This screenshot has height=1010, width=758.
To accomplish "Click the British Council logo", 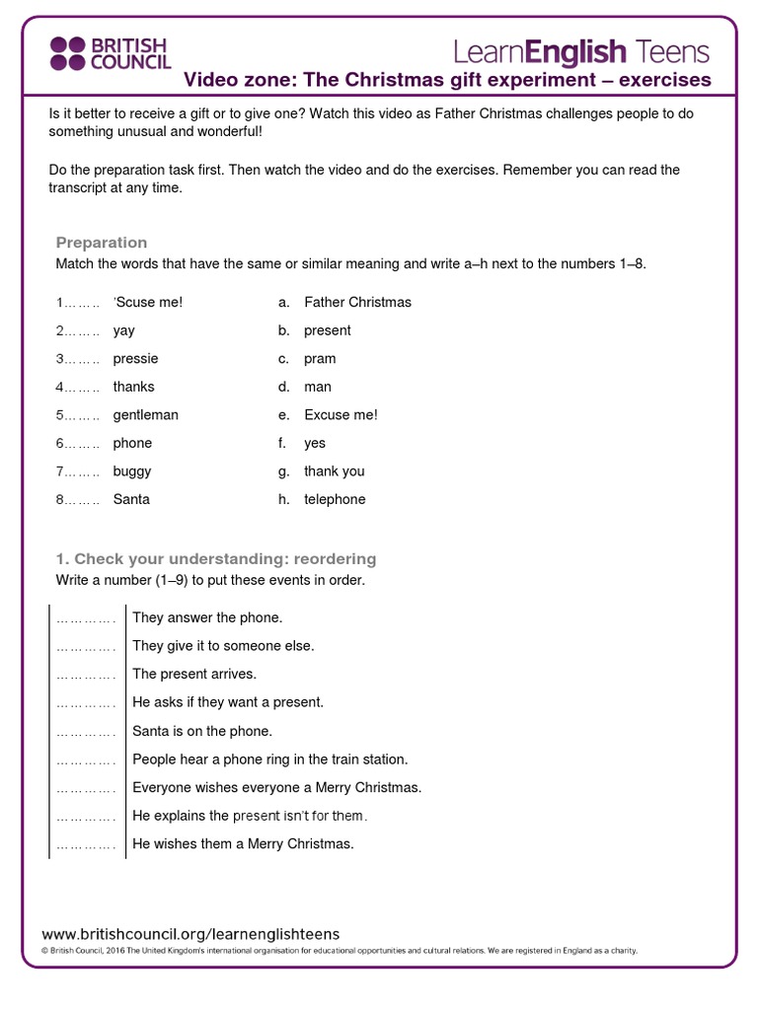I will point(110,54).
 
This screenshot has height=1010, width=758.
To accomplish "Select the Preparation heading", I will point(102,243).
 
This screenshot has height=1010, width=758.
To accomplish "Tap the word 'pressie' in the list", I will point(135,359).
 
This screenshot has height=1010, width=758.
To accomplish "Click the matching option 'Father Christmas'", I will point(357,303).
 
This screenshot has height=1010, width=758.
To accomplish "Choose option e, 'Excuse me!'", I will point(341,415).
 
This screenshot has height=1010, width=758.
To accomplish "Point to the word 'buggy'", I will point(132,471).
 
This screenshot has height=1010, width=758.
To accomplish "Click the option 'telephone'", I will point(335,500).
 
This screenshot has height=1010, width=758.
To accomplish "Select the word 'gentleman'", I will point(145,415).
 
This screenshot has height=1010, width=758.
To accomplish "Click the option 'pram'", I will point(320,359).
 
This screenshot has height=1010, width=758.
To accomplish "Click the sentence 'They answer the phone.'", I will point(207,618).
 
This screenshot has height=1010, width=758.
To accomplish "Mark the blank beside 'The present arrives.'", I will point(86,675).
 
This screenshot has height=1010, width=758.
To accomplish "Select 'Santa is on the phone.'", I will point(201,732).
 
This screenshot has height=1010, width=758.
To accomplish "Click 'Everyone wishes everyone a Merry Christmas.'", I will point(276,788).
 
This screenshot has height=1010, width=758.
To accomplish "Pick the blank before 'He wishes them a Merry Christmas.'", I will point(86,844).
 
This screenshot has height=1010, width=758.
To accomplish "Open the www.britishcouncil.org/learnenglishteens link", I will point(190,933).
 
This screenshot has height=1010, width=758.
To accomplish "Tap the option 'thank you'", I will point(334,471).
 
